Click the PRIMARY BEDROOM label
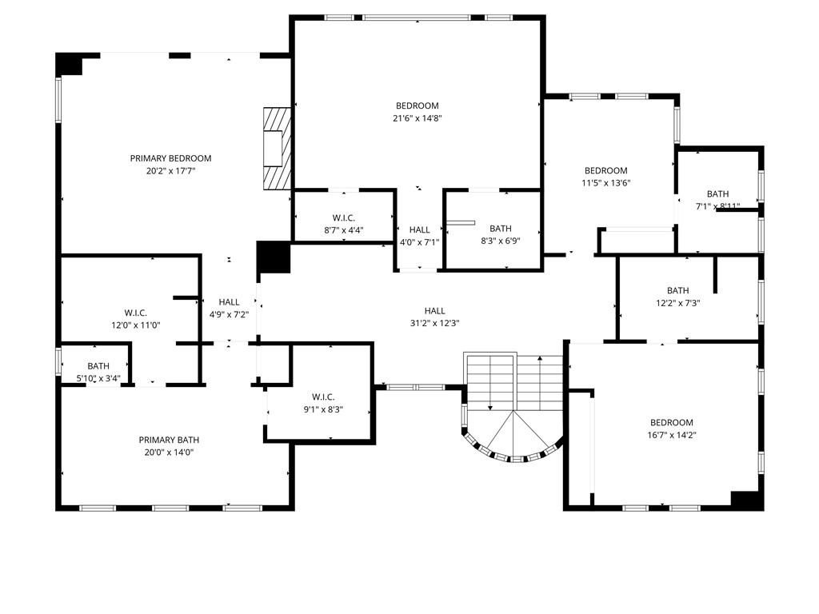[x=170, y=158]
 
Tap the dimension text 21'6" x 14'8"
[x=417, y=118]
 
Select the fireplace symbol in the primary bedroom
[x=275, y=149]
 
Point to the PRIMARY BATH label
[x=169, y=440]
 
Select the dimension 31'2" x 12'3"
[x=434, y=324]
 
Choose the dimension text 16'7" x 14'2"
[x=671, y=436]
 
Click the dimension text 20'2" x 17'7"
[x=170, y=171]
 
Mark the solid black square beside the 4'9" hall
[x=273, y=257]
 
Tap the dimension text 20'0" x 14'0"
[x=169, y=453]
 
